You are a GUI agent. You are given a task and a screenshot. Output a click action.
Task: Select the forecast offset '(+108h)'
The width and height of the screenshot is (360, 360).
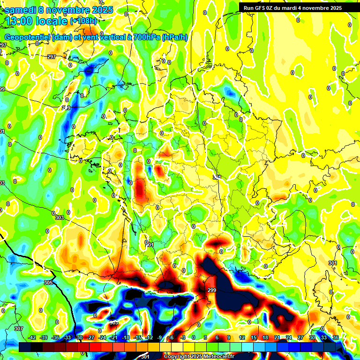point(84,21)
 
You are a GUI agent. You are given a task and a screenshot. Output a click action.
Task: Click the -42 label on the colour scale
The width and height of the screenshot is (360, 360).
point(32,337)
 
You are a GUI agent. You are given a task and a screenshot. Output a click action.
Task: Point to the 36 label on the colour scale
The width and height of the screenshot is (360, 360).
point(335,337)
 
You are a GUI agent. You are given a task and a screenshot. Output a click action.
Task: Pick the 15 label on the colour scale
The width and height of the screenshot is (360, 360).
point(254,337)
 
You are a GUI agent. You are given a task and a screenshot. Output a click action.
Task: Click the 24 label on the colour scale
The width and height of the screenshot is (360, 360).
point(289,337)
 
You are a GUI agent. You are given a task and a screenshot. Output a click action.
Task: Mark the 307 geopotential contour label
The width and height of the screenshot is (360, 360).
point(18,329)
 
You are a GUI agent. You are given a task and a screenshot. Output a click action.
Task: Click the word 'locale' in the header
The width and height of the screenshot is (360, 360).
point(52,21)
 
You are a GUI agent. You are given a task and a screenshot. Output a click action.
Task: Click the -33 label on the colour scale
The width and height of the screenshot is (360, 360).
point(67,337)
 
